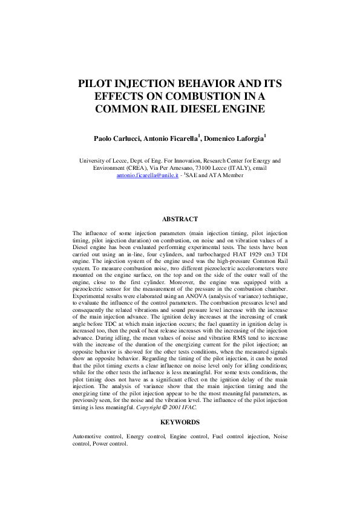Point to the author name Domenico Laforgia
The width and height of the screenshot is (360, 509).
237,139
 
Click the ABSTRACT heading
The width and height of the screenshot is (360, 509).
180,219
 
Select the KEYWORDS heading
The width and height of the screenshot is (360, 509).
180,421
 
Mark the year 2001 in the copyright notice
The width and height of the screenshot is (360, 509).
194,408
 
